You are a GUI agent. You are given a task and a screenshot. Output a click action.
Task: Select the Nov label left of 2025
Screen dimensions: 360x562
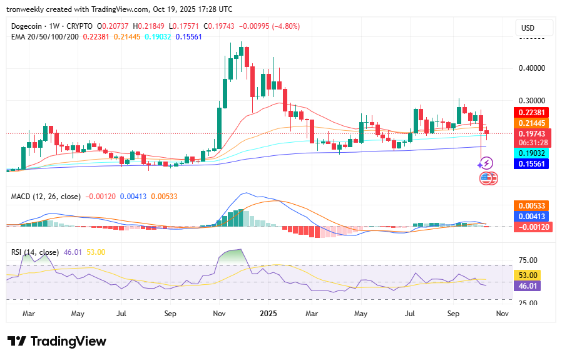point(219,312)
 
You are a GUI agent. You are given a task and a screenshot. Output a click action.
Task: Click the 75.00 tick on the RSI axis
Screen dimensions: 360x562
point(529,260)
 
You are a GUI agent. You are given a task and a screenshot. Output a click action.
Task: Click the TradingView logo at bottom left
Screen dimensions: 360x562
point(57,341)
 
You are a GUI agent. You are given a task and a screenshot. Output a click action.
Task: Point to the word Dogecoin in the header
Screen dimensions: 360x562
point(29,26)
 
